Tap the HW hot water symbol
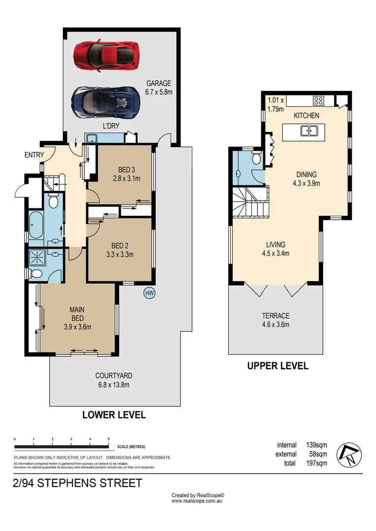[149, 294]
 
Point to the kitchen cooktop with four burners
[318, 101]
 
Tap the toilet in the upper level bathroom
[256, 158]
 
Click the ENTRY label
[34, 155]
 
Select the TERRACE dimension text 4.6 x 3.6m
[276, 324]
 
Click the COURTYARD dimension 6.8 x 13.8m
[113, 384]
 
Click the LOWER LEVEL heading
[114, 415]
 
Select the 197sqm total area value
[317, 463]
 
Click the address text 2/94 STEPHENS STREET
[77, 483]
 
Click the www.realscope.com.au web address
[198, 501]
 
